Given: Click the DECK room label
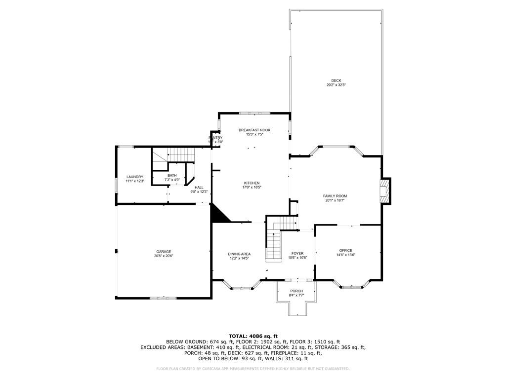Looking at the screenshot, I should coord(336,81).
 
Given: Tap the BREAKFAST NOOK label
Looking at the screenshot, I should coord(254,130).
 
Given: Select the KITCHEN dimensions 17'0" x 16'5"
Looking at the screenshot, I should coord(251,188).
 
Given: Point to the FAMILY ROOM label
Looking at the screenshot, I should coord(335,196).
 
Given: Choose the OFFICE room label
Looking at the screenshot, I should coord(345,250).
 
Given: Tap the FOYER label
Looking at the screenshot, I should coord(297,253).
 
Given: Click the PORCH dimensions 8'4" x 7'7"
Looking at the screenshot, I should coord(296,295).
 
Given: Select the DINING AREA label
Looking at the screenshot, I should coord(239,254).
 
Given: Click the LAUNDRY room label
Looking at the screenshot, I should coord(135,177).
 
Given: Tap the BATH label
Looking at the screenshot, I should coord(172,175).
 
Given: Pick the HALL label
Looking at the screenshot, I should coord(199,188).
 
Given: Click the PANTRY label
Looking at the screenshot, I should coord(215,138).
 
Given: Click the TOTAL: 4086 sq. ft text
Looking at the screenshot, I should coord(253,336).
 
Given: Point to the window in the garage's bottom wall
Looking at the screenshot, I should coord(163,298).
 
